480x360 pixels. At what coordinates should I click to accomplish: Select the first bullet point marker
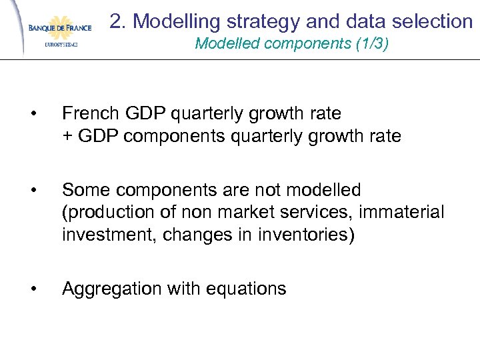click(x=43, y=113)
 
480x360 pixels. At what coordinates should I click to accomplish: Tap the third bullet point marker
click(x=43, y=289)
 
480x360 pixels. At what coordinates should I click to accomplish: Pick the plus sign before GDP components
click(x=67, y=137)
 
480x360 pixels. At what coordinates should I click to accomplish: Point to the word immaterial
click(x=403, y=213)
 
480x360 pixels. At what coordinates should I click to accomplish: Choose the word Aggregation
click(x=111, y=289)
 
